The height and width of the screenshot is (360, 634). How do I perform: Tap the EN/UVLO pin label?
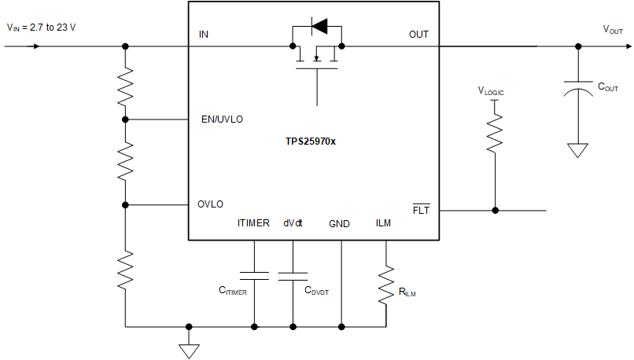[x=222, y=119]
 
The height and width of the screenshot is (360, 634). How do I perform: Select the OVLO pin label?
[x=210, y=204]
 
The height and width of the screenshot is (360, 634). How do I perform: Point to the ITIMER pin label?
[x=253, y=223]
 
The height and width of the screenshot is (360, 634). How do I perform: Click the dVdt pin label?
[x=293, y=223]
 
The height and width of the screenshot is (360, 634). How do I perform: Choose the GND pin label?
[x=341, y=223]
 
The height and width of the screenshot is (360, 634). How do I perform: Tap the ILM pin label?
[x=384, y=223]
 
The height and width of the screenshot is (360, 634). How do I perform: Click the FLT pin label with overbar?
[x=421, y=211]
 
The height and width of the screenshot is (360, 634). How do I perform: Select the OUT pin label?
[x=418, y=35]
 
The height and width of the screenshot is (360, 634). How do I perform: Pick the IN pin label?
[x=204, y=35]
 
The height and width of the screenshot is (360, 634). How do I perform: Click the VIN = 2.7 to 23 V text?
[x=42, y=27]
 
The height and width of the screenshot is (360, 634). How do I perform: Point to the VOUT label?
[x=613, y=29]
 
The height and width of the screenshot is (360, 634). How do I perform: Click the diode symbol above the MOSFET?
[x=319, y=28]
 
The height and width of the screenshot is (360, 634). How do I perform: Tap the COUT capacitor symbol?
[x=578, y=89]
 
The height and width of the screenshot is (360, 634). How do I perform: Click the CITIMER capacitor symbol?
[x=254, y=275]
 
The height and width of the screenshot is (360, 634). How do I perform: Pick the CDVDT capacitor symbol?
[x=293, y=275]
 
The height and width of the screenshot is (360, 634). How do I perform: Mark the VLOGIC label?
[x=491, y=92]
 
